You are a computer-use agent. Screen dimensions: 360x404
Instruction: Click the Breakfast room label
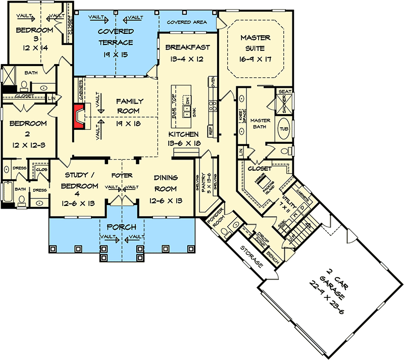coord(187,47)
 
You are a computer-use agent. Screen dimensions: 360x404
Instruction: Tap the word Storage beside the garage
coord(252,256)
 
